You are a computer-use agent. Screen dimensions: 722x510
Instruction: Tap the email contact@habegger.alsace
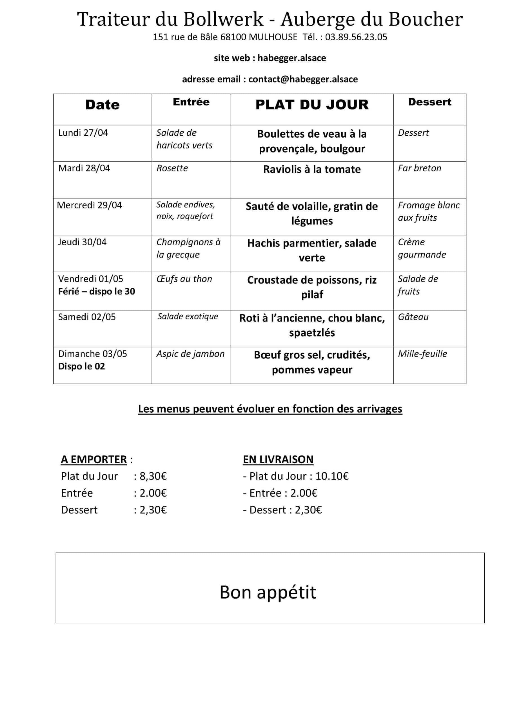click(303, 79)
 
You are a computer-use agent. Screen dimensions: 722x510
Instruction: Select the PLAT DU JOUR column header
click(312, 105)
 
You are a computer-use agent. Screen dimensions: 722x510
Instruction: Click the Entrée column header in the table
click(191, 102)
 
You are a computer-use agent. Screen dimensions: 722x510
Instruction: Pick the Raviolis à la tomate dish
click(312, 169)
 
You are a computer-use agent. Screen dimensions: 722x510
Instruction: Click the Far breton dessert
click(419, 168)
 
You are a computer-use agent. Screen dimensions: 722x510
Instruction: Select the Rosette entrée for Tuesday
click(172, 168)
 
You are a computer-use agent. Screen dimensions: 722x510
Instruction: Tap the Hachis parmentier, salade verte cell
click(312, 250)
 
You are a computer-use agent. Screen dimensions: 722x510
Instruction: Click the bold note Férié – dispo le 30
click(96, 292)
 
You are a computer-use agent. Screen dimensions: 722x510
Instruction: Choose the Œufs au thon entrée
click(184, 279)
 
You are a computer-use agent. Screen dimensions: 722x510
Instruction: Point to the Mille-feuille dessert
click(422, 354)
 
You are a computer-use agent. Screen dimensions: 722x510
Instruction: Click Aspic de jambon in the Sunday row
click(190, 354)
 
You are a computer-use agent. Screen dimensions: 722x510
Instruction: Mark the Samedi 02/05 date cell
click(87, 317)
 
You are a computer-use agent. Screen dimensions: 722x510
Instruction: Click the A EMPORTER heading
click(93, 459)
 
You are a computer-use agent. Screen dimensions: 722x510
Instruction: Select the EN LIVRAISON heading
click(278, 459)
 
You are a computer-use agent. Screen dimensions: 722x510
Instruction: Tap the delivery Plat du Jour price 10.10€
click(332, 476)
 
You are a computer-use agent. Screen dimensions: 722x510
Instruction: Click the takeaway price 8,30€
click(153, 476)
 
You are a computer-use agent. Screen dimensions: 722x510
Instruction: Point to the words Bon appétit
click(268, 592)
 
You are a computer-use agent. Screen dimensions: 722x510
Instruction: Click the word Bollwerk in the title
click(223, 19)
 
